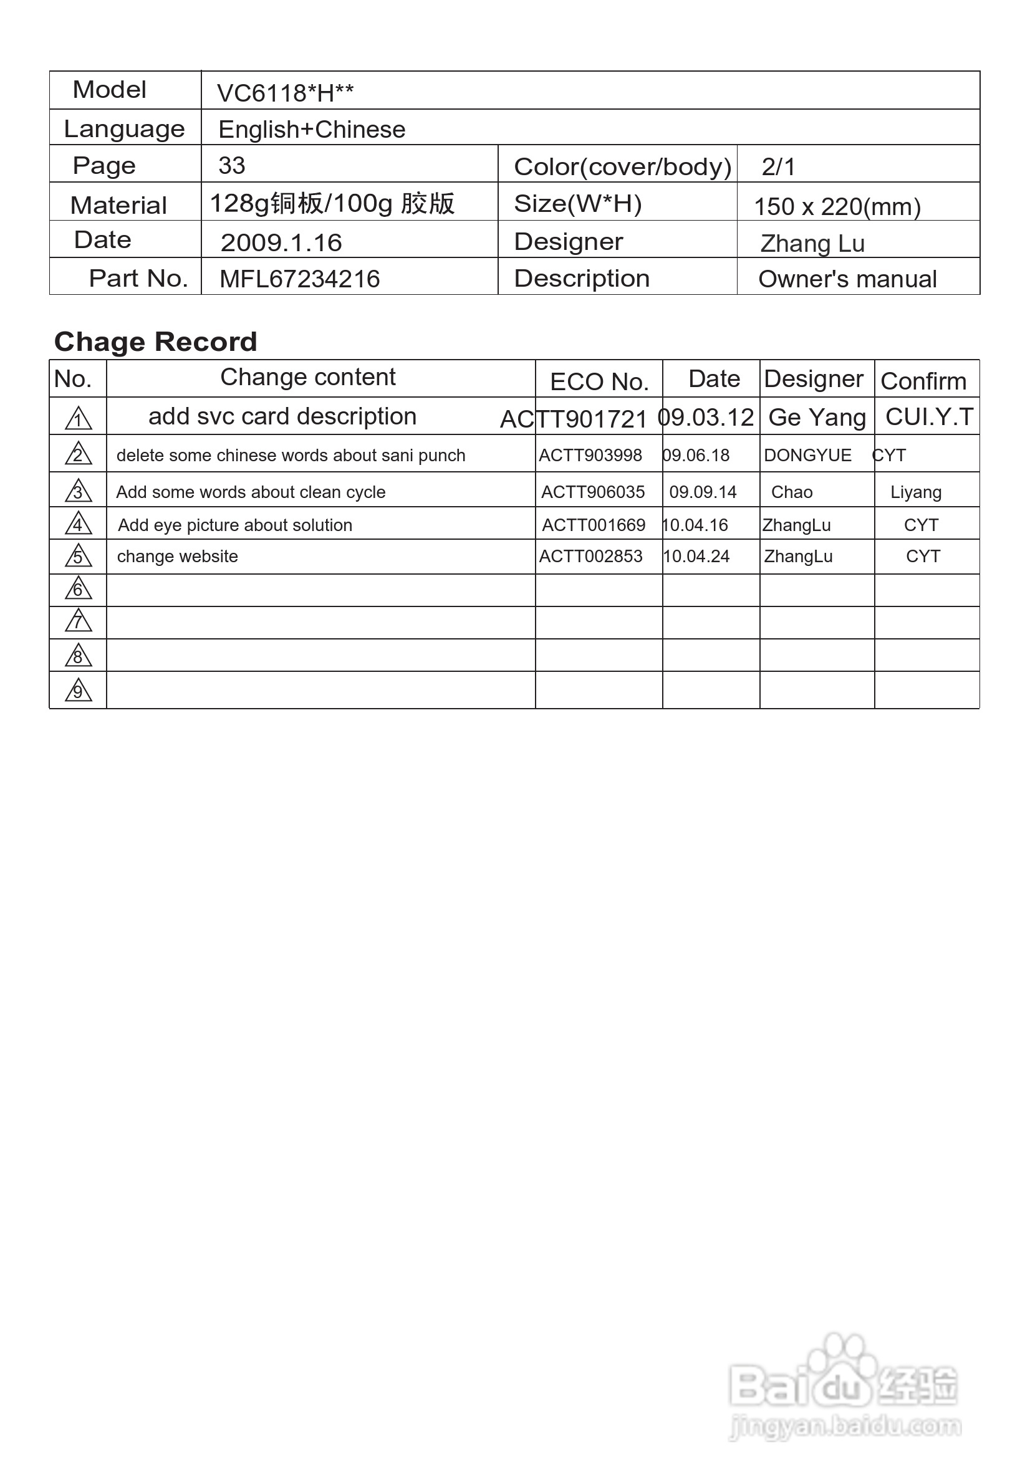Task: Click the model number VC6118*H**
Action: click(x=285, y=93)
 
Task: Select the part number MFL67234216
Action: click(x=299, y=279)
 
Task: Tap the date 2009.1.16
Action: click(x=281, y=242)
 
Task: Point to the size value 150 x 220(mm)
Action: click(x=837, y=207)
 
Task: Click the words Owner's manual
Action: click(x=847, y=279)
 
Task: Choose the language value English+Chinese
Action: click(x=312, y=130)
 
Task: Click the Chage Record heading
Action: click(x=155, y=342)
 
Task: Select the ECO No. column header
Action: click(x=599, y=382)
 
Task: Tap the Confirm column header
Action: click(x=923, y=381)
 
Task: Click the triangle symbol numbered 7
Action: click(x=79, y=621)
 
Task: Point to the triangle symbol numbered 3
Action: click(x=79, y=491)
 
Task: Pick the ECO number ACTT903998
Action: click(x=590, y=455)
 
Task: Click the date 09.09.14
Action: click(x=703, y=492)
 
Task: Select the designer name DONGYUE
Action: click(x=807, y=455)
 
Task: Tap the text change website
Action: click(x=177, y=557)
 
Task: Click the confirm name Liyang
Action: click(x=916, y=492)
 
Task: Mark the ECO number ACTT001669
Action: click(x=594, y=525)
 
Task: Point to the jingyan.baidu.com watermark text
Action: click(x=845, y=1425)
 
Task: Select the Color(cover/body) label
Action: click(x=622, y=167)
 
